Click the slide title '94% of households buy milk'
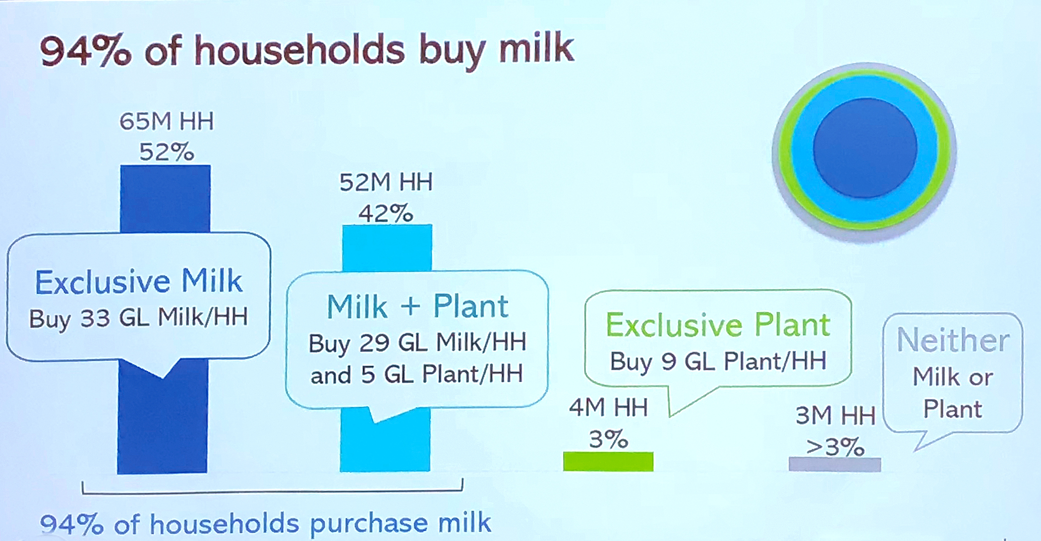[x=307, y=51]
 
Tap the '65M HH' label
[x=167, y=121]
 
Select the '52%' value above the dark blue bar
[x=167, y=152]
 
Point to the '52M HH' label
[x=386, y=182]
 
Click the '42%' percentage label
[x=386, y=214]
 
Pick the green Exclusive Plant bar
[x=608, y=461]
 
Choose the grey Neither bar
[x=835, y=464]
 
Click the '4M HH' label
[x=608, y=408]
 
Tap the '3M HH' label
[x=835, y=416]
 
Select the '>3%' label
[x=835, y=447]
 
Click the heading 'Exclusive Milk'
[x=139, y=281]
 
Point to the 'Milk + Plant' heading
[x=417, y=306]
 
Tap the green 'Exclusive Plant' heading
[x=718, y=325]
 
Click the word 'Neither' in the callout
[x=953, y=340]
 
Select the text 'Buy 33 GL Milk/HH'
[x=138, y=318]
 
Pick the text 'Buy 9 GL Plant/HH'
[x=718, y=361]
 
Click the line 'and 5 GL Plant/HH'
[x=416, y=375]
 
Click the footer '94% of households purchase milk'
[x=265, y=524]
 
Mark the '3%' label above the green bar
[x=608, y=439]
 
